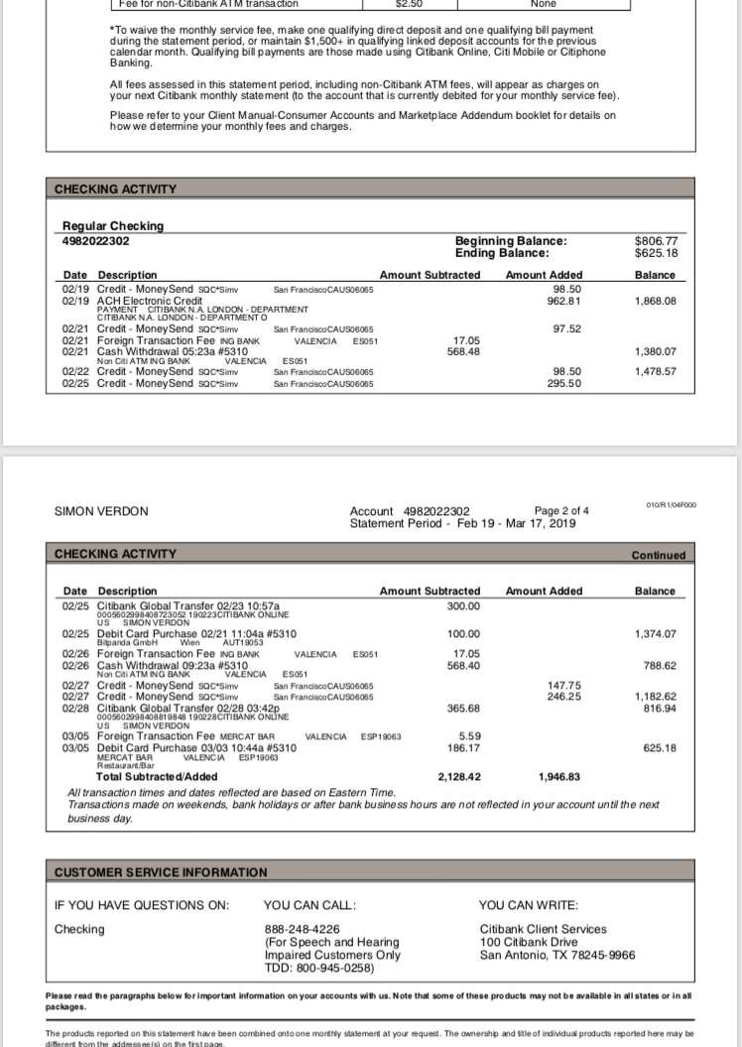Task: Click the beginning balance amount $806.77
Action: (656, 240)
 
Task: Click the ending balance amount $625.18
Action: (656, 253)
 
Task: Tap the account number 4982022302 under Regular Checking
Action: (95, 241)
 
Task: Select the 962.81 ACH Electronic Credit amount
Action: (563, 301)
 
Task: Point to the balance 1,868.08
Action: (656, 301)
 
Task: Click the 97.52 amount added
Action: (566, 328)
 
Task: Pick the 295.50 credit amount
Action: (563, 383)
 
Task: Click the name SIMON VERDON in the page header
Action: (100, 511)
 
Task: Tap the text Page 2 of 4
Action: (561, 511)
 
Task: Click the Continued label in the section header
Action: (659, 556)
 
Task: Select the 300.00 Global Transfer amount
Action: (462, 606)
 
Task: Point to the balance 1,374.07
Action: (656, 633)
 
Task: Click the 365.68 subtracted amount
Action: (462, 709)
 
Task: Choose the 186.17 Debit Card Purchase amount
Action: (462, 747)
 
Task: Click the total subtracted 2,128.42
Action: (459, 777)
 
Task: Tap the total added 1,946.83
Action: (559, 777)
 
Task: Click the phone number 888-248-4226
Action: (302, 929)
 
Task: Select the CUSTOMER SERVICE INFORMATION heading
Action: (161, 873)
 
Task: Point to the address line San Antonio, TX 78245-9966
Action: (556, 956)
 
